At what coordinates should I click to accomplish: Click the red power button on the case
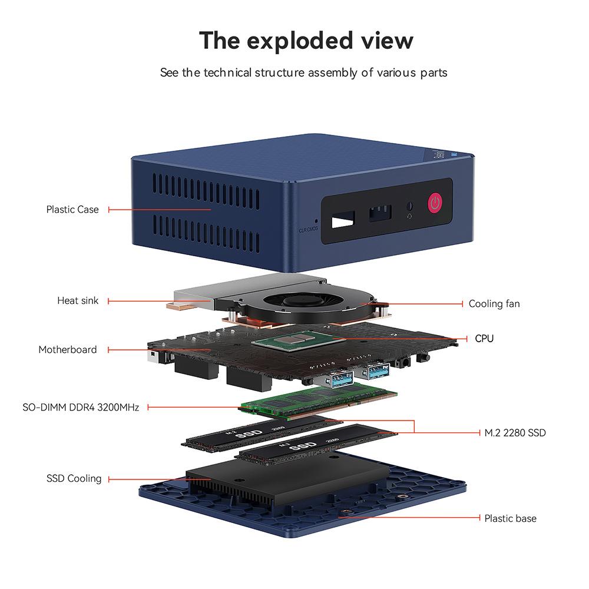[435, 203]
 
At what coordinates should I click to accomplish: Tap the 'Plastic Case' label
[72, 209]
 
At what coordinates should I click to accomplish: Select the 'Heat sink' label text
[78, 300]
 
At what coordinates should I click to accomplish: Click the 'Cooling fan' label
[494, 304]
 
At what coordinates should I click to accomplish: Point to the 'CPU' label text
[484, 339]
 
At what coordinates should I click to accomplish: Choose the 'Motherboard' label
[68, 349]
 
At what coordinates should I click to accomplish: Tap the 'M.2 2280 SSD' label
[515, 433]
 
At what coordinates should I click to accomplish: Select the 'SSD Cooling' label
[74, 478]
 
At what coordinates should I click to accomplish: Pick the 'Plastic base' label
[510, 518]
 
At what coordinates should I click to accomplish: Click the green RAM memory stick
[319, 401]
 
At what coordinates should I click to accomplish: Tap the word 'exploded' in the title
[306, 41]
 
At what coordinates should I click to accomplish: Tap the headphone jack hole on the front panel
[410, 207]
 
